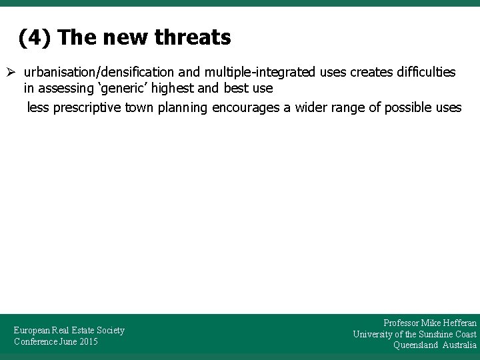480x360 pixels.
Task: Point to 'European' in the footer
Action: [x=33, y=330]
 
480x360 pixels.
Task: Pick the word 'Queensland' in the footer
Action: [x=415, y=345]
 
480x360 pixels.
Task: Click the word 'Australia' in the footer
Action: [x=459, y=345]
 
